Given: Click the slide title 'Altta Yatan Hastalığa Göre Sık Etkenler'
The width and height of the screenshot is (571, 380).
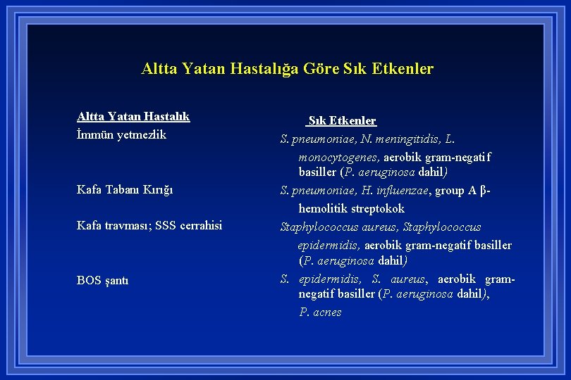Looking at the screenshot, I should pos(287,69).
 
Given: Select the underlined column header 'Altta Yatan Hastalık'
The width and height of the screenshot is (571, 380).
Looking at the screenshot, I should pos(133,117).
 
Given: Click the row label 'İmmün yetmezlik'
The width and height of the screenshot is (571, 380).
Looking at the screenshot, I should pos(121,134).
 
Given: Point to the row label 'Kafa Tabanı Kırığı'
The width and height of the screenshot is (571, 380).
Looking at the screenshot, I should pos(125,190).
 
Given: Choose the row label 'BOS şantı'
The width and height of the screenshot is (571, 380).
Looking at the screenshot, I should pos(102,281).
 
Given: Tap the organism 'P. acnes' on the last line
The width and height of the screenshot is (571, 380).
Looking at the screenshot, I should pos(320,312).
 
